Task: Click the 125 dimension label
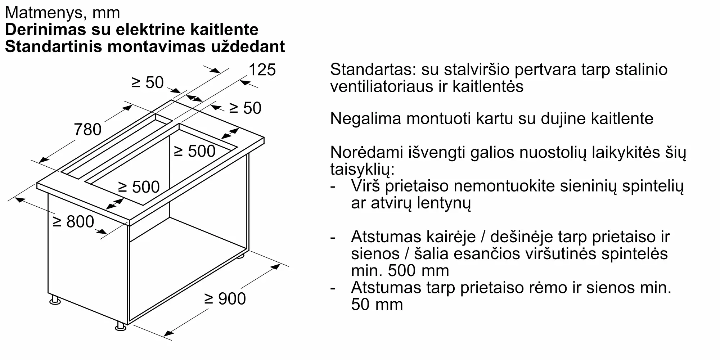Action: [262, 70]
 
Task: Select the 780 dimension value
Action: [87, 130]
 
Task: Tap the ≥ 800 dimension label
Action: [73, 222]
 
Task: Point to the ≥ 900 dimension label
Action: [225, 299]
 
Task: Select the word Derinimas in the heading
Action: [45, 30]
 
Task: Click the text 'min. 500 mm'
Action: [400, 271]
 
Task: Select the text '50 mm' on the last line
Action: [377, 305]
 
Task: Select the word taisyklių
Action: [362, 170]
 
